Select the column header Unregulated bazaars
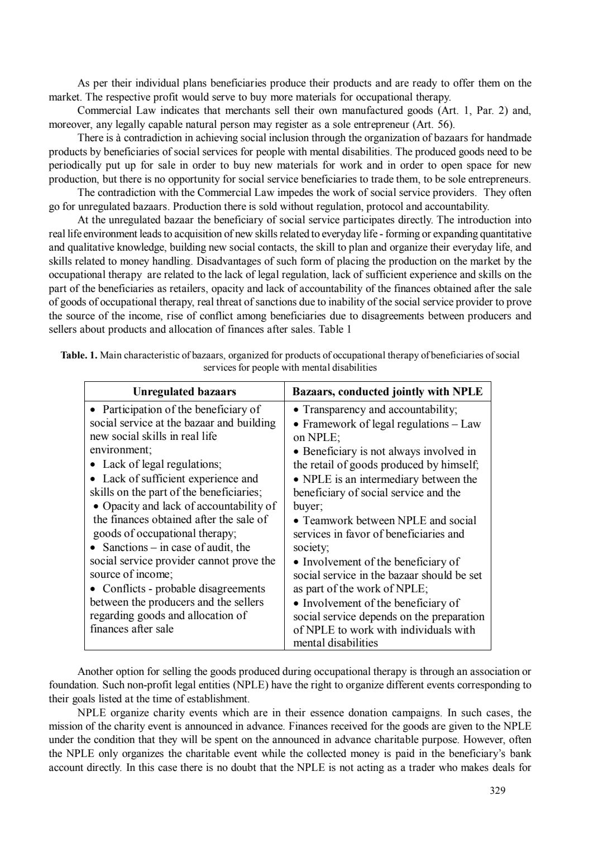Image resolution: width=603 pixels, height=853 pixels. pyautogui.click(x=184, y=391)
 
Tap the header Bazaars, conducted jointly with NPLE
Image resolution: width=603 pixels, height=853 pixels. pyautogui.click(x=387, y=391)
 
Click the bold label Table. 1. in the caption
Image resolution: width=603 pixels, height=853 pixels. pyautogui.click(x=79, y=355)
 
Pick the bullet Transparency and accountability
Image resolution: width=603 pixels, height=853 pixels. pyautogui.click(x=380, y=410)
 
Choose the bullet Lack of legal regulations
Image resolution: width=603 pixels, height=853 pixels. pyautogui.click(x=162, y=464)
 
